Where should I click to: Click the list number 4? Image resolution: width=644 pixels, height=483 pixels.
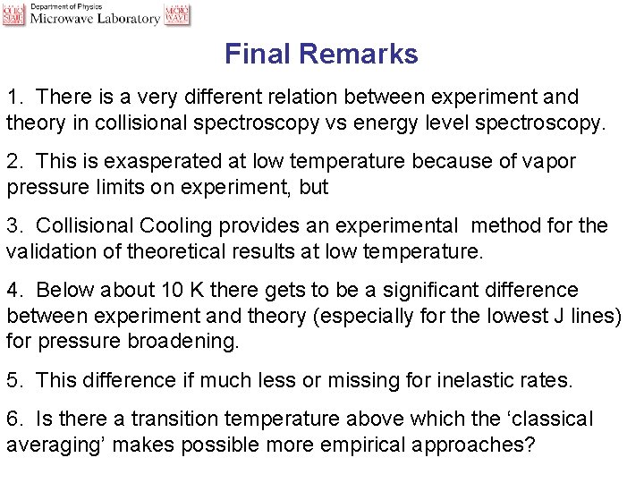click(13, 291)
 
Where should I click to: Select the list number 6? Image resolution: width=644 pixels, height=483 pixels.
click(13, 419)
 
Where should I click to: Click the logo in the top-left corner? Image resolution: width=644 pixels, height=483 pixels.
click(13, 13)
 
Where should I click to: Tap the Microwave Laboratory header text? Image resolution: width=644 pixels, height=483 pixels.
click(96, 19)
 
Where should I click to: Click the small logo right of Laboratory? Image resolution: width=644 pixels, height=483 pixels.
click(177, 13)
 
